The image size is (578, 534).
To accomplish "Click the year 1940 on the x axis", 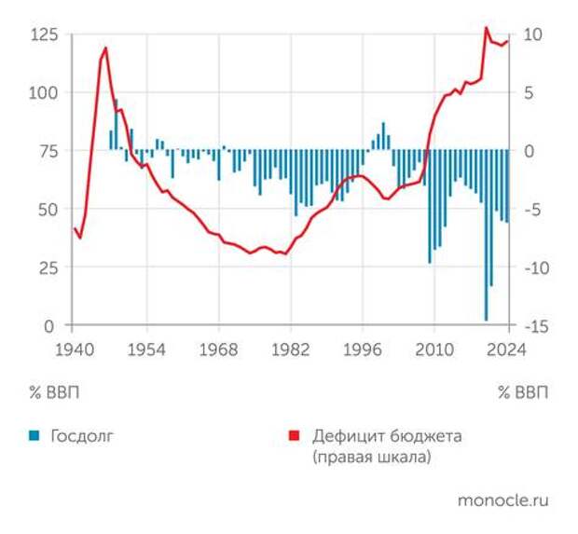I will pyautogui.click(x=71, y=350).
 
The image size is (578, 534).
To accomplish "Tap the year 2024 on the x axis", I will pyautogui.click(x=507, y=350).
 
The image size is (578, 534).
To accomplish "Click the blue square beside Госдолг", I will pyautogui.click(x=34, y=435).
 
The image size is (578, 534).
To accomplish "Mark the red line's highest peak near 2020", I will pyautogui.click(x=486, y=28).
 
